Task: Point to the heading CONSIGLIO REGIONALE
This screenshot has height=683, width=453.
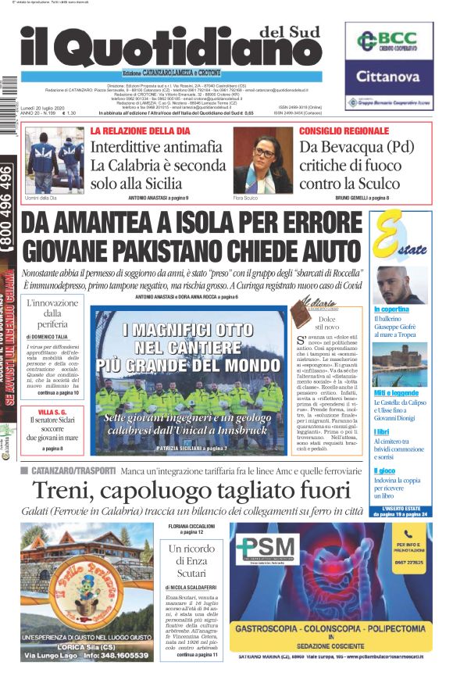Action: pyautogui.click(x=341, y=131)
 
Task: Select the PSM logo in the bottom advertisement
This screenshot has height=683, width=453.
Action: pyautogui.click(x=268, y=549)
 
